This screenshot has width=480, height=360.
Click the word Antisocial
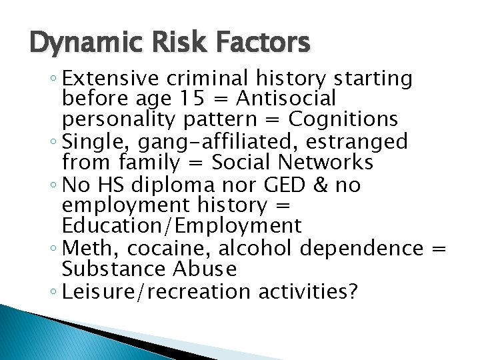287,99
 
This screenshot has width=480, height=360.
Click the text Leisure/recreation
150,291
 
